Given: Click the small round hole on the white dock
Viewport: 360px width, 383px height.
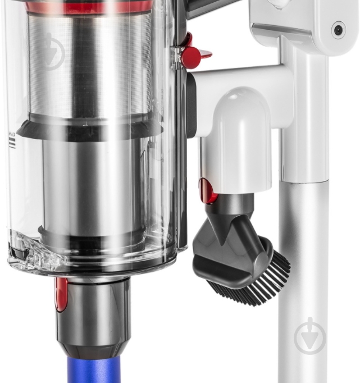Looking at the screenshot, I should [338, 30].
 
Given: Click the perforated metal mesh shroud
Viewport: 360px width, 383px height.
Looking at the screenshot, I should [90, 67].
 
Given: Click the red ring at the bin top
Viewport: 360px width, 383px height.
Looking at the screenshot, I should [90, 7].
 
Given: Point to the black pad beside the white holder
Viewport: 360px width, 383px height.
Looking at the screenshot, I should [191, 104].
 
